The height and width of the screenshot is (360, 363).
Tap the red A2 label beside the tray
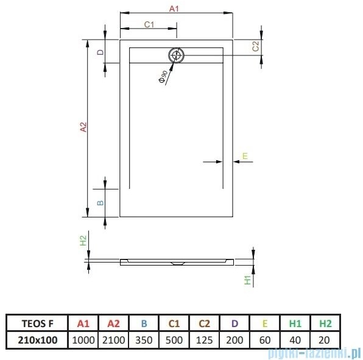(x=84, y=127)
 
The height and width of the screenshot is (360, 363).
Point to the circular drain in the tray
(x=177, y=55)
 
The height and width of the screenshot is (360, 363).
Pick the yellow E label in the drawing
(x=244, y=157)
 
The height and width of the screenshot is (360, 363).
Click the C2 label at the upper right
(x=256, y=46)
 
